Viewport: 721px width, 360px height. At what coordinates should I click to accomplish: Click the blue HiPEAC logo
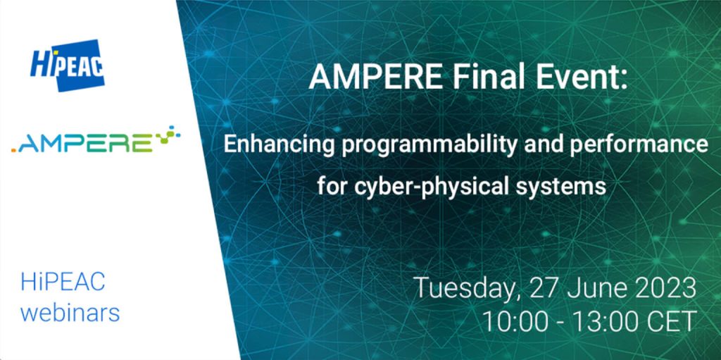pyautogui.click(x=68, y=65)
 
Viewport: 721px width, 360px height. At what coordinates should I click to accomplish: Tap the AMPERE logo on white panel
pyautogui.click(x=96, y=140)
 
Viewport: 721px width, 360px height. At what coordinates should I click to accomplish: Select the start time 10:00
pyautogui.click(x=513, y=321)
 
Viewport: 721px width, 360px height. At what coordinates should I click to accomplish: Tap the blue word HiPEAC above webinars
pyautogui.click(x=63, y=282)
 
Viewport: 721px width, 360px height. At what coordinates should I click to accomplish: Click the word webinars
pyautogui.click(x=70, y=313)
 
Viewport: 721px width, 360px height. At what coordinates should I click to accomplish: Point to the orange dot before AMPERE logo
pyautogui.click(x=13, y=150)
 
